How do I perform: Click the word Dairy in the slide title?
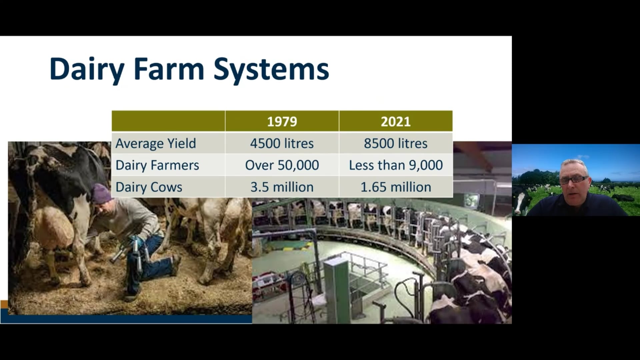click(87, 69)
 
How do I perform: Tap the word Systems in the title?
click(271, 69)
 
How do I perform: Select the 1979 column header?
click(282, 121)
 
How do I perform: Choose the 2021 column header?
click(396, 121)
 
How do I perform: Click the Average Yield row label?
click(156, 144)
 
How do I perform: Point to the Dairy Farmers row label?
click(157, 165)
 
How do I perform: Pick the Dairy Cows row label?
click(149, 187)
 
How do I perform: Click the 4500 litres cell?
click(282, 143)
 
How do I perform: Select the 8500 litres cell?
click(396, 143)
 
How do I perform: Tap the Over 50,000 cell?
click(282, 165)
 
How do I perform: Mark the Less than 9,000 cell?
click(396, 165)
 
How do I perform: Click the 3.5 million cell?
click(282, 187)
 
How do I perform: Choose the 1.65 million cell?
click(396, 187)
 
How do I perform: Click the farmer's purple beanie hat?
click(101, 193)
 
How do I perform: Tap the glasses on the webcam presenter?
click(574, 180)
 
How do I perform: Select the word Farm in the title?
click(169, 69)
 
